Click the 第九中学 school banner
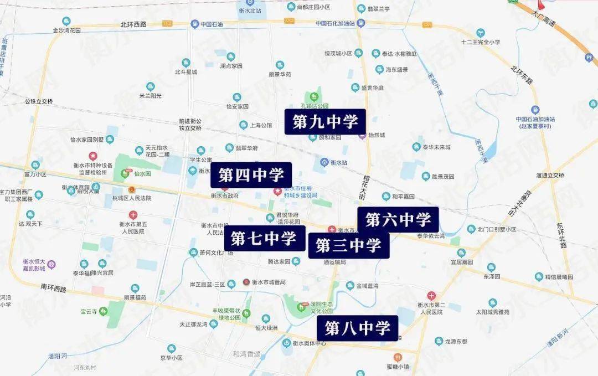pos(326,121)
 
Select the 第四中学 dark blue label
pos(251,176)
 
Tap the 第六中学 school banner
pos(398,220)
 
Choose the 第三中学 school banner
pos(349,245)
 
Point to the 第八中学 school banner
pos(357,328)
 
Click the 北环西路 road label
pos(133,24)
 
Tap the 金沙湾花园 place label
pos(66,30)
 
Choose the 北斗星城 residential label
pos(186,71)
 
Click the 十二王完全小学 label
pos(481,42)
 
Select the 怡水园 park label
pos(142,173)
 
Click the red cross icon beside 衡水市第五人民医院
pos(133,215)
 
